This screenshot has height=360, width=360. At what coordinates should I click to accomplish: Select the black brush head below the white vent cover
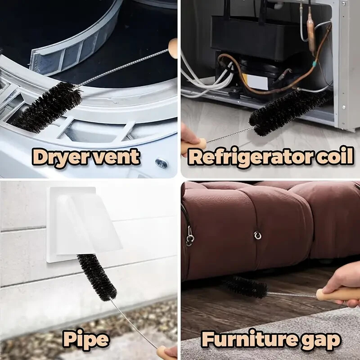96,277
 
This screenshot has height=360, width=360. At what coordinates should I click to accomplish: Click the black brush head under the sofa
246,288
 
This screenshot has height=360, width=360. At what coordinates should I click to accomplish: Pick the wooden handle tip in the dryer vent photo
173,48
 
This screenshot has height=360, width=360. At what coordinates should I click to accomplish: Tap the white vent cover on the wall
85,223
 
